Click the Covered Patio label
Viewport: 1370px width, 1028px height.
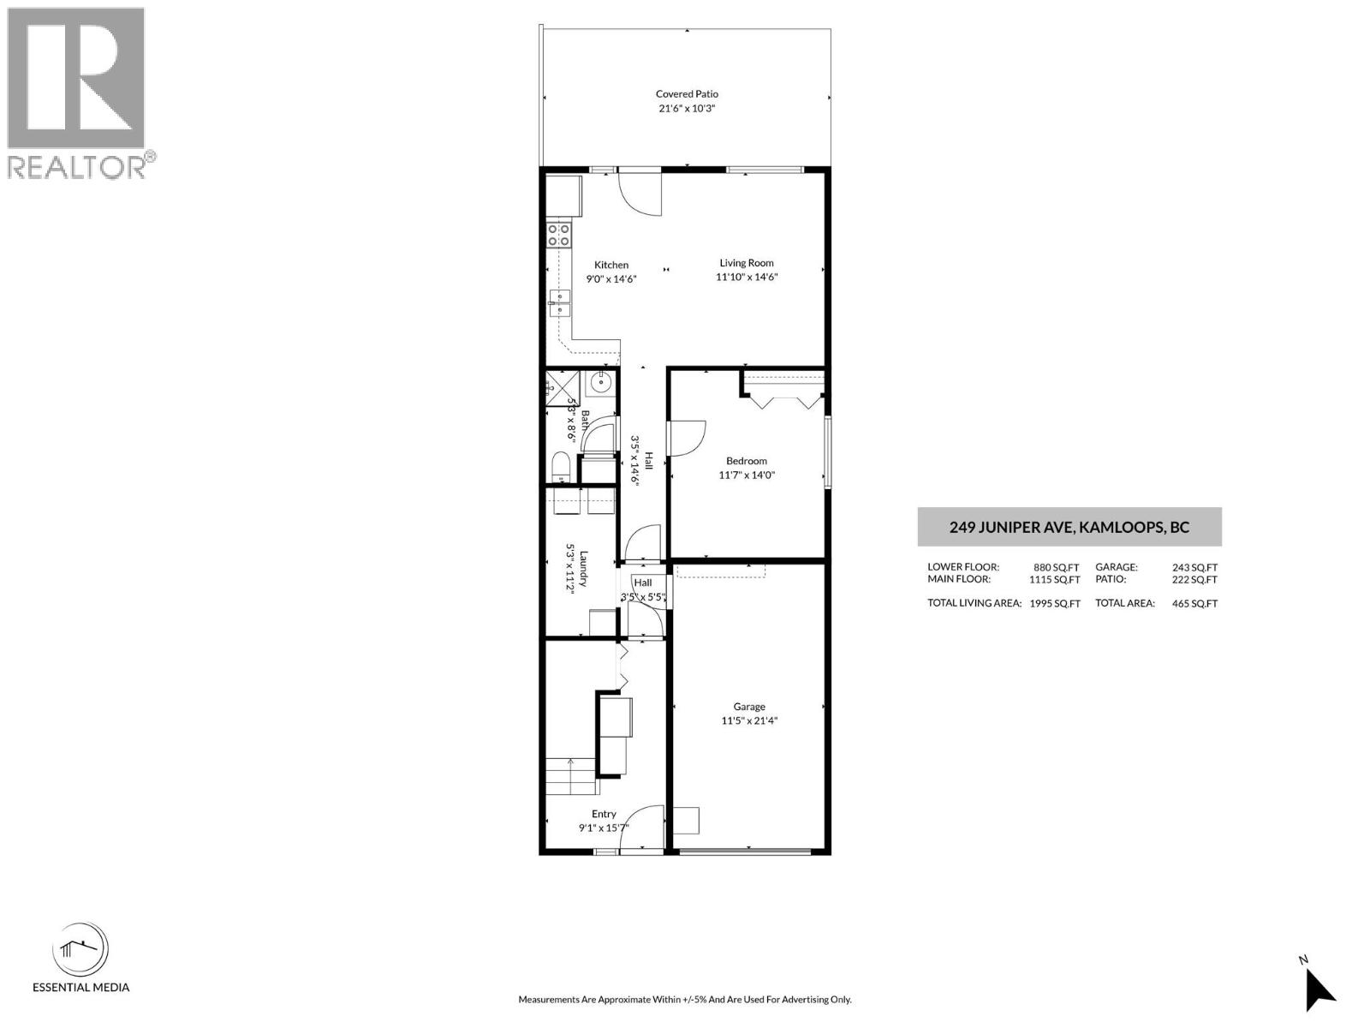pos(687,94)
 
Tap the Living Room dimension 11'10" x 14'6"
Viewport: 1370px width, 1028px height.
pos(747,278)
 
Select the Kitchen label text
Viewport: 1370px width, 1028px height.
pos(611,265)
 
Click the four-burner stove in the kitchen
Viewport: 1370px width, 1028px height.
pos(559,235)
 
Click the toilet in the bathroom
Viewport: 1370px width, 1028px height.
pos(561,468)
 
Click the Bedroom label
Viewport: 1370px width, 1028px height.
pos(747,461)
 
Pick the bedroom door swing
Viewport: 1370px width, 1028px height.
pos(688,439)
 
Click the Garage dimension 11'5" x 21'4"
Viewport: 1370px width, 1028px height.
pos(749,721)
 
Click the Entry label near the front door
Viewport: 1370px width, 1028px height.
pos(604,814)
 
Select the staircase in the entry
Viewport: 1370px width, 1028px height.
pos(572,776)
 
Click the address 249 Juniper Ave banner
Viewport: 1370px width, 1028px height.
pos(1069,528)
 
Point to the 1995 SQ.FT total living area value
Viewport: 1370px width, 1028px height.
pos(1055,604)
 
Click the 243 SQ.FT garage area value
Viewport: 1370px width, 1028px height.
pos(1194,567)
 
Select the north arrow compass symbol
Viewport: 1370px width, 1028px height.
pos(1319,988)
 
